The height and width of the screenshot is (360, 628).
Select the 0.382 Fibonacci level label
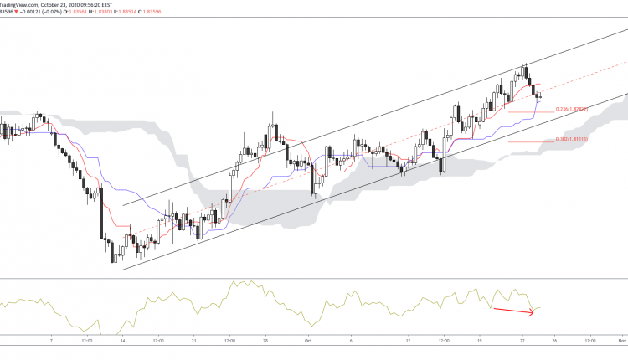coord(571,140)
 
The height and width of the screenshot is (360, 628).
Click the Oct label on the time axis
coord(307,342)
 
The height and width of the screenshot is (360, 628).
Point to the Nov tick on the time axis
coord(621,342)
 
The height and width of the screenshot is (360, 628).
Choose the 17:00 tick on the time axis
coord(590,342)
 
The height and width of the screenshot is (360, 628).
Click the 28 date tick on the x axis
coord(264,342)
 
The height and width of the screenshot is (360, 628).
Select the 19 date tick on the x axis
coord(481,342)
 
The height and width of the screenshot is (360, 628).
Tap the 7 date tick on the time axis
coord(51,342)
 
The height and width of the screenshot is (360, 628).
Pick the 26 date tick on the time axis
coord(555,342)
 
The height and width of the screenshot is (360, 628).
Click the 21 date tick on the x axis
coord(193,342)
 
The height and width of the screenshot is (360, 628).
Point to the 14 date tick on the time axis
coord(123,342)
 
